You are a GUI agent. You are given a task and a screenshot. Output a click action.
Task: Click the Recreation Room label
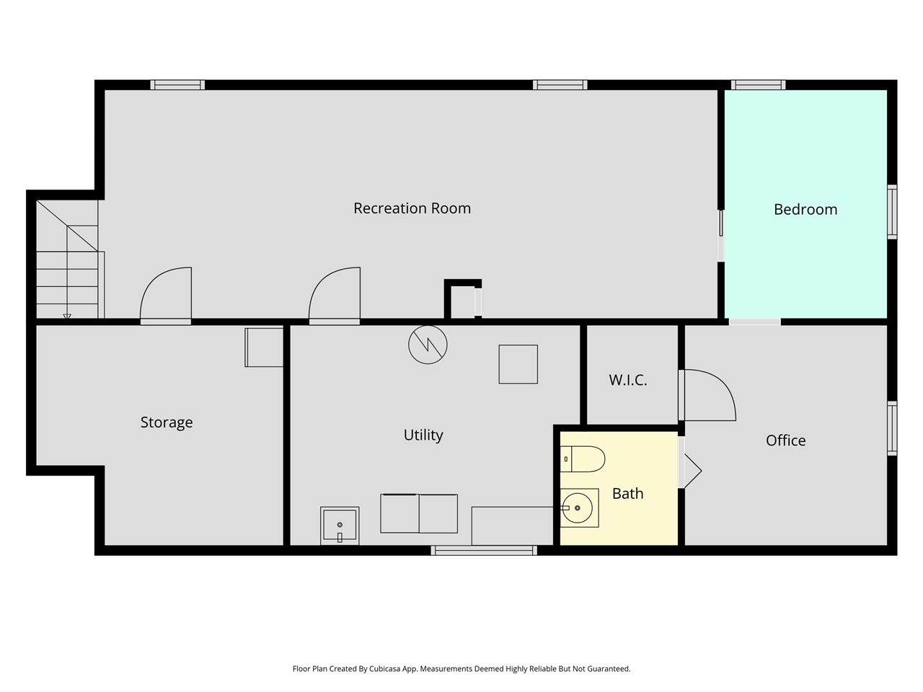[x=412, y=208]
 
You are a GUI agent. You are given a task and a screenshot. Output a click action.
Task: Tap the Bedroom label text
[x=805, y=210]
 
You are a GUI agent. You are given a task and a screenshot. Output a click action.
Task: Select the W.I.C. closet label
[x=627, y=380]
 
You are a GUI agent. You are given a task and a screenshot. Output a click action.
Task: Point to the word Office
[x=785, y=440]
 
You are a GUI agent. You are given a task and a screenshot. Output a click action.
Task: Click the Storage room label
[x=167, y=422]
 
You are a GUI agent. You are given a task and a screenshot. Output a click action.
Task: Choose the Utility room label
[x=423, y=435]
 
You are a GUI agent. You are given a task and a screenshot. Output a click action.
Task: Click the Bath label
[x=627, y=494]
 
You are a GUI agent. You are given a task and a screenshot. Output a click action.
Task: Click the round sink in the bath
[x=578, y=508]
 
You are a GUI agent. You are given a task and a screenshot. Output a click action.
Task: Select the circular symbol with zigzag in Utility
[x=428, y=345]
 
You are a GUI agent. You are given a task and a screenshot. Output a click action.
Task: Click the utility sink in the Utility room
[x=340, y=525]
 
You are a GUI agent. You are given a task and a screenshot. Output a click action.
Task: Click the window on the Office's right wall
[x=892, y=428]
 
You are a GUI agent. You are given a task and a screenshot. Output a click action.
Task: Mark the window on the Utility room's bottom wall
[x=484, y=551]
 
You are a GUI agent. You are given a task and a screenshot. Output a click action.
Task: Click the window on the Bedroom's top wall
[x=758, y=85]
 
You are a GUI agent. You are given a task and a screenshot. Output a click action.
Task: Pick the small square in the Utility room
[x=518, y=364]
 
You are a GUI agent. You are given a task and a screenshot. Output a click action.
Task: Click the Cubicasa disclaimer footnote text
[x=461, y=669]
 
